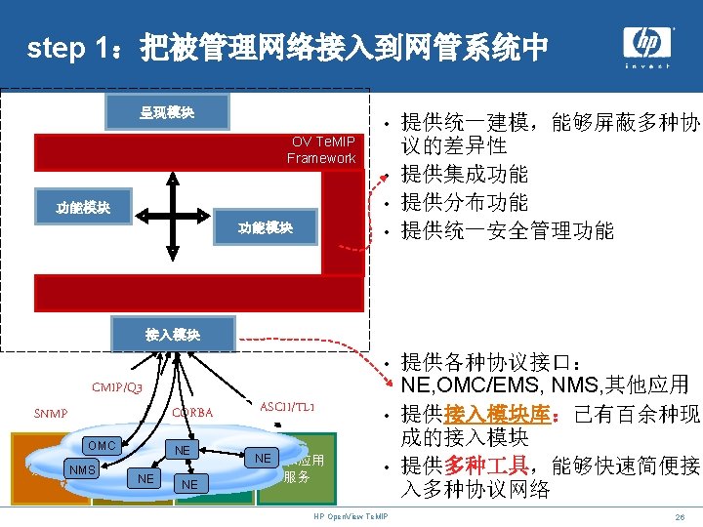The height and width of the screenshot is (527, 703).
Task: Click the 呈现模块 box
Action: [166, 112]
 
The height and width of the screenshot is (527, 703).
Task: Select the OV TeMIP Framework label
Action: [322, 149]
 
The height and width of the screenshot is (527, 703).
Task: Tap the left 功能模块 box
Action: [83, 207]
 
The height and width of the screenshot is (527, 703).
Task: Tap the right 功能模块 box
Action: [265, 227]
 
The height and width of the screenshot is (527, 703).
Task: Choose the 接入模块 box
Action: [173, 334]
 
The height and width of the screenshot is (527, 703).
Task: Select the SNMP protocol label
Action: [50, 413]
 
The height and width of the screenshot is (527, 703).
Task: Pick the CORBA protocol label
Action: [192, 412]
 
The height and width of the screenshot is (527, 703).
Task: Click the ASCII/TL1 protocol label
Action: [287, 406]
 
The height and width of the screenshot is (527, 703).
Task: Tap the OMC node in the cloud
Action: [102, 446]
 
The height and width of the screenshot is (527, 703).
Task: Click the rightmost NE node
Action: [263, 458]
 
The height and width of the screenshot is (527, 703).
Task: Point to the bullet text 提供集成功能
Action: [464, 175]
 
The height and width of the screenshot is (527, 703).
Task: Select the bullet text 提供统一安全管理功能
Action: [507, 230]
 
